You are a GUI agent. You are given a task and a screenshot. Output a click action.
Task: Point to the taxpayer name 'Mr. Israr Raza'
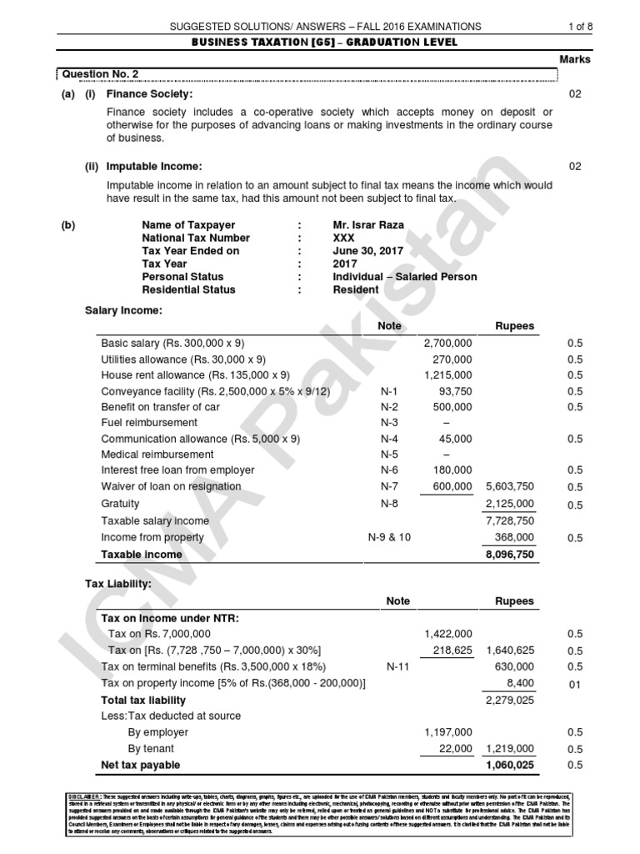click(367, 225)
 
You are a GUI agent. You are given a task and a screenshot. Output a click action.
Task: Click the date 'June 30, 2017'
click(367, 251)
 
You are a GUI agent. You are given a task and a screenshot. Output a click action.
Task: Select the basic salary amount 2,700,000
click(447, 344)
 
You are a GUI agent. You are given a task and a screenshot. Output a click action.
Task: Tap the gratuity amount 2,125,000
click(510, 504)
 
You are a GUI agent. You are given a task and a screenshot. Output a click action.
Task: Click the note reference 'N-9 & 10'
click(390, 538)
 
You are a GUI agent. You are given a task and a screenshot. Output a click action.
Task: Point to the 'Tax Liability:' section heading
click(118, 584)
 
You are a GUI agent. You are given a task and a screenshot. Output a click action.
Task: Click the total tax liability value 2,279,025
click(510, 701)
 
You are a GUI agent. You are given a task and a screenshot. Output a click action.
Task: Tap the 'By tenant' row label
click(151, 749)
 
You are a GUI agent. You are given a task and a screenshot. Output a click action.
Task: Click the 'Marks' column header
click(575, 60)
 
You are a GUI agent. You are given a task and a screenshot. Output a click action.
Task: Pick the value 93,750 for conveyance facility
click(454, 391)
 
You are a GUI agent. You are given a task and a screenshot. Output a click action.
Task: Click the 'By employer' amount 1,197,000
click(447, 732)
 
